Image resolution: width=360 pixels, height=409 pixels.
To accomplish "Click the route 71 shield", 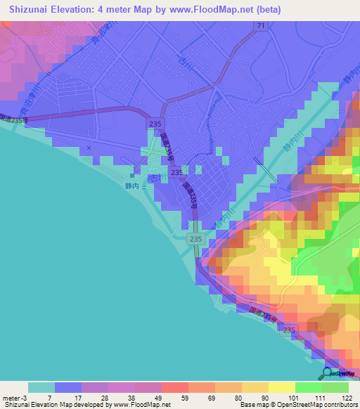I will coord(261,25).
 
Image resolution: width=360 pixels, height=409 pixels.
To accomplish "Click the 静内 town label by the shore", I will coord(131,186).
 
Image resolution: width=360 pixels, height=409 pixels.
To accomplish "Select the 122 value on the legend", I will coord(347,398).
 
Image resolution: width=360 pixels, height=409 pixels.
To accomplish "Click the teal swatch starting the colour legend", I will coord(41,387).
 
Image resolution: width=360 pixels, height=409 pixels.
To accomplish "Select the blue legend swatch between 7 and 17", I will coord(68,387).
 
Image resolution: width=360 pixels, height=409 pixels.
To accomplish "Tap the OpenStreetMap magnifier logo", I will coord(327,372).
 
